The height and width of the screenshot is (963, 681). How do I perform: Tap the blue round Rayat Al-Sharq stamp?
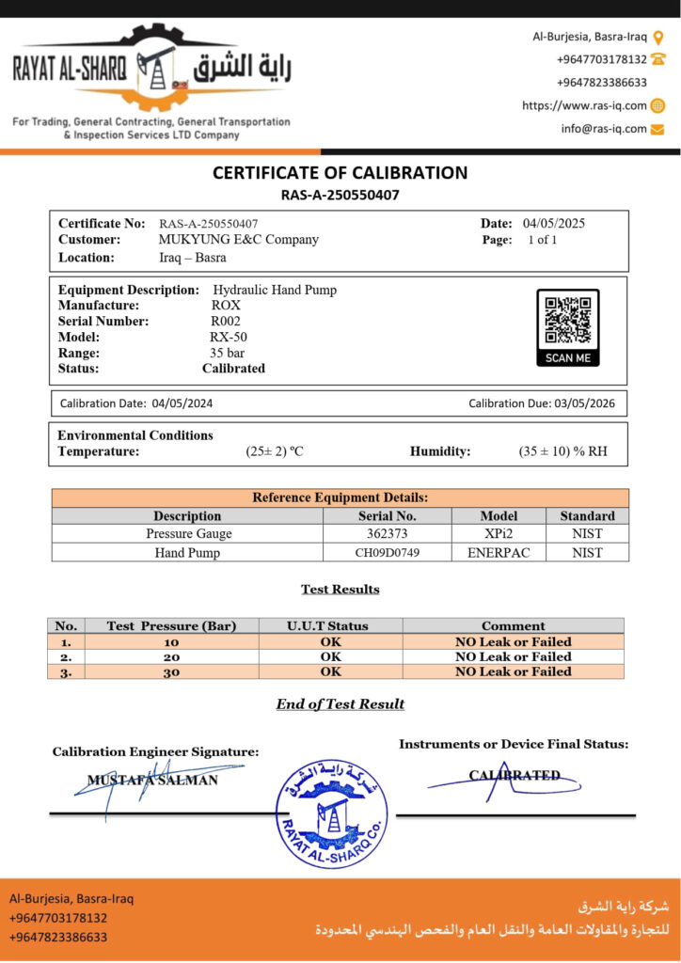331,813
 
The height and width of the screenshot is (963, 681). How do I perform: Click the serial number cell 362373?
387,533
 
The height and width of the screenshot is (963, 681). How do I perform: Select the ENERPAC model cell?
499,553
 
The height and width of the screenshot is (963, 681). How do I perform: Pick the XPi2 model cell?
499,533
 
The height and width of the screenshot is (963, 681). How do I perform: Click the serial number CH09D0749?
387,553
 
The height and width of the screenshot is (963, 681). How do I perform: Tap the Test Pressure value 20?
170,656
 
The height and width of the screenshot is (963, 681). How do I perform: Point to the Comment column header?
513,625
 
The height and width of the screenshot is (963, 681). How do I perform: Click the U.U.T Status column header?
327,625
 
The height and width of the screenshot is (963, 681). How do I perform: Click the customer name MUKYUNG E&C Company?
239,240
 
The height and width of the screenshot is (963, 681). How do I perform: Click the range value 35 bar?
227,353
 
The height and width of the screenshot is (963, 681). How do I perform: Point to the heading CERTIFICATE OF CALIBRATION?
340,173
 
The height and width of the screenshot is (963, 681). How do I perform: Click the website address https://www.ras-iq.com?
584,105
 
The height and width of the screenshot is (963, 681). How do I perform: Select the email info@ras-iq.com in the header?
604,129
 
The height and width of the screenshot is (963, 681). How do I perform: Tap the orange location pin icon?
658,38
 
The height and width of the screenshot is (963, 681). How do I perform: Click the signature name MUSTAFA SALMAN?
152,780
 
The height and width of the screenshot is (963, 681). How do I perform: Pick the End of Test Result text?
340,703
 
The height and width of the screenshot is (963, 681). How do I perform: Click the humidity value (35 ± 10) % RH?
562,451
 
